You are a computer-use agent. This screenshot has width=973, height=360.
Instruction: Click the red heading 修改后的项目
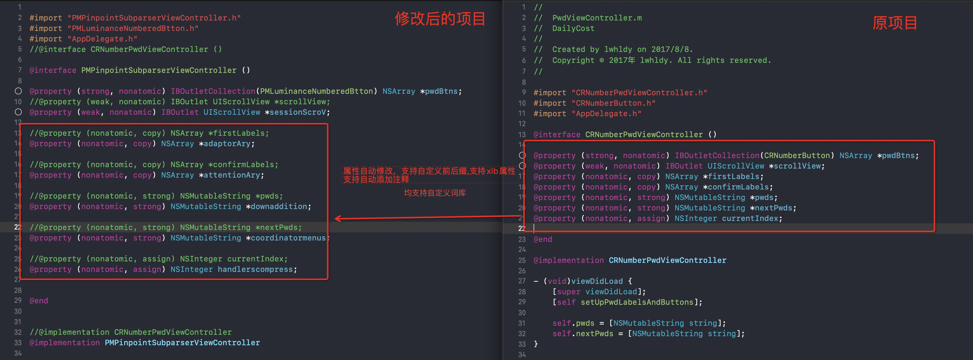(440, 19)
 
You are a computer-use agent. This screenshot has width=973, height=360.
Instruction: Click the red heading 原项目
(894, 23)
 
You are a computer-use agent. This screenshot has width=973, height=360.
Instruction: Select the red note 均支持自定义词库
(435, 193)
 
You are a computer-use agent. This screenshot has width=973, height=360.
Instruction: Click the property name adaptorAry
(227, 144)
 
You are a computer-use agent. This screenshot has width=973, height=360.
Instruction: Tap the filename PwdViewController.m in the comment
(597, 18)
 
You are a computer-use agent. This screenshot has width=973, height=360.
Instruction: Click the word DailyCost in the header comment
(573, 28)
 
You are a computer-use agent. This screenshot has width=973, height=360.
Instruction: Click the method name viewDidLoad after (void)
(597, 281)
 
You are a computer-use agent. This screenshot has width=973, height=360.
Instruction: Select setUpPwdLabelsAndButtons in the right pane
(637, 302)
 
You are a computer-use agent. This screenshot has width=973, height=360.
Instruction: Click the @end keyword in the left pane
(39, 301)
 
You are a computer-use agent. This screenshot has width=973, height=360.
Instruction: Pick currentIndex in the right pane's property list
(750, 218)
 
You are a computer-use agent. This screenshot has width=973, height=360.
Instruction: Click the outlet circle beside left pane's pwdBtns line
(18, 91)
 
